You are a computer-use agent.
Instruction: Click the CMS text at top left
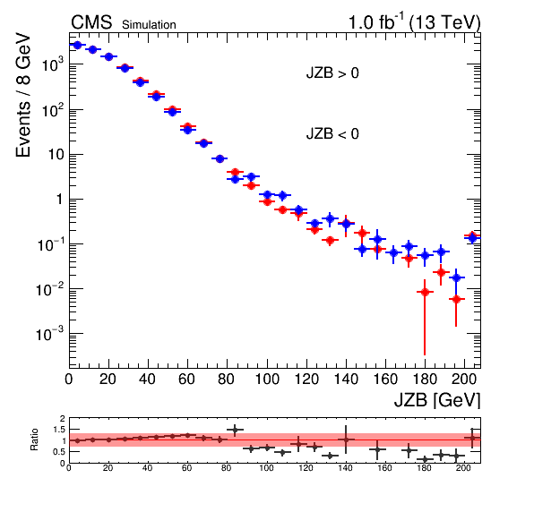91,22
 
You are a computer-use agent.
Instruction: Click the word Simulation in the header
149,25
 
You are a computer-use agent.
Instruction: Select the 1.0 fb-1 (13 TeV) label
414,22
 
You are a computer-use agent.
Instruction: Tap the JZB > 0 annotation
332,73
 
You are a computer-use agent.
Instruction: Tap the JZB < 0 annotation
332,133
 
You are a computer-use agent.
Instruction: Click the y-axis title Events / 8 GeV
23,95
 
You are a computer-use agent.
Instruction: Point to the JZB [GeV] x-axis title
437,399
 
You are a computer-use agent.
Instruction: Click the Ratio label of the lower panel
34,439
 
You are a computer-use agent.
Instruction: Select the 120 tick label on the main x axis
306,379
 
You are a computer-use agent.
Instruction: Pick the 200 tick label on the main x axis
463,379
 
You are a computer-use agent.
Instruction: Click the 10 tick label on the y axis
56,155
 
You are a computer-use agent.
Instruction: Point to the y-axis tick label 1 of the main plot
60,200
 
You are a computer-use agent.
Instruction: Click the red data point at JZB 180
425,292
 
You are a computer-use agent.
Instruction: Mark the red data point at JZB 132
330,241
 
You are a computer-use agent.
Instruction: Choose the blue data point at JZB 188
441,252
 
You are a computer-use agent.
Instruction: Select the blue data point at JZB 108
282,196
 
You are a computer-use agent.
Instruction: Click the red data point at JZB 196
456,299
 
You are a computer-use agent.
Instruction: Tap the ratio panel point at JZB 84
235,430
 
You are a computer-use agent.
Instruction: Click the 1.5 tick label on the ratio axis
59,430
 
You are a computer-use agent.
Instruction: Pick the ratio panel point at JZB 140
346,439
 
